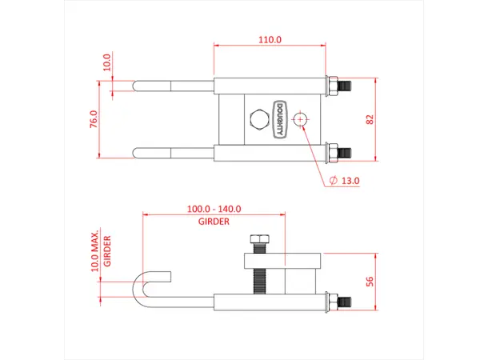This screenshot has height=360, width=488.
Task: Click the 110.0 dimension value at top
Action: point(269,38)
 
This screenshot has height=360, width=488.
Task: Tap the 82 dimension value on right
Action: point(369,118)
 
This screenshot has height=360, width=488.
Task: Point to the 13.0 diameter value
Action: point(350,181)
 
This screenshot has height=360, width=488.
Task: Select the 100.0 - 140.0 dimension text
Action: point(214,209)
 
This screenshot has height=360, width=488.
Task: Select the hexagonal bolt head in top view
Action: point(258,120)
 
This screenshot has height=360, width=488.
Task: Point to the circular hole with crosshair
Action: point(301,119)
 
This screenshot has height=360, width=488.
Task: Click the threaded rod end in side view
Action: point(341,302)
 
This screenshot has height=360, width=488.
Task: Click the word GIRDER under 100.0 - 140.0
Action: point(214,221)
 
